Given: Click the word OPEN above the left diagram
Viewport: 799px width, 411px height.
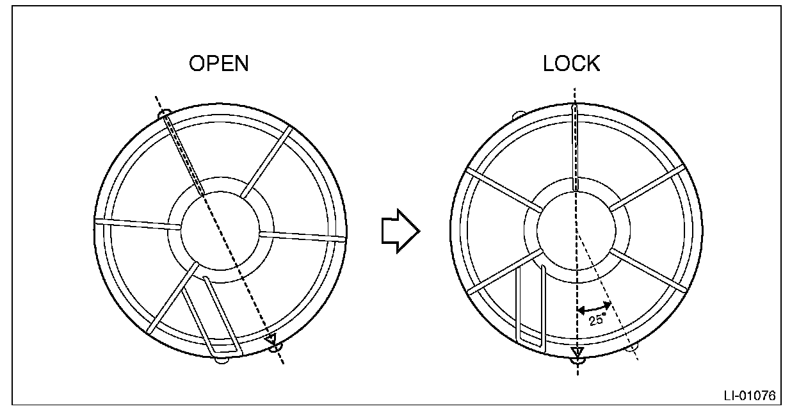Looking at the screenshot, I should coord(218,64).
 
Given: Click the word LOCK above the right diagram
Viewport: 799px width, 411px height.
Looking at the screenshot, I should coord(571,64).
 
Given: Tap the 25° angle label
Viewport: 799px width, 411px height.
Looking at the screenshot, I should coord(597,319).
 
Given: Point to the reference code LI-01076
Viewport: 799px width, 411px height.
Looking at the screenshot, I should coord(749,394).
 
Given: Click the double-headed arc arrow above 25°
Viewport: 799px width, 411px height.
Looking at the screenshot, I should coord(594,308).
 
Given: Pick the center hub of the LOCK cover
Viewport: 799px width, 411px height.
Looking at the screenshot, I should coord(576,229).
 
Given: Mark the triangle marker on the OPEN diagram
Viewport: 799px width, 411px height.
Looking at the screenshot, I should coord(271,339).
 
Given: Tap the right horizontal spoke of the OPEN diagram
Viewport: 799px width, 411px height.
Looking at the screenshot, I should coord(302,236).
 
